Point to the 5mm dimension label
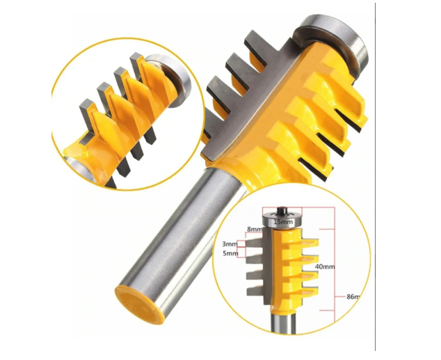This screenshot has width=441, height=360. tap(230, 253)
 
